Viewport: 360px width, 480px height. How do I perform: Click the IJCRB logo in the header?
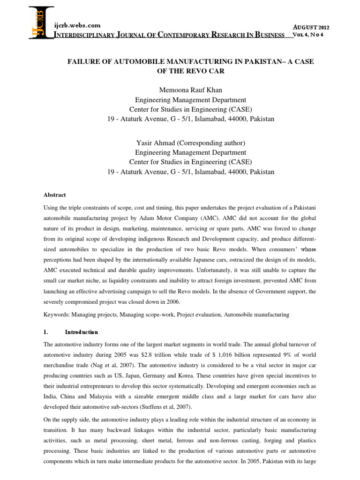pyautogui.click(x=41, y=22)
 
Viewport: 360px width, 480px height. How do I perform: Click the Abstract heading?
pyautogui.click(x=56, y=195)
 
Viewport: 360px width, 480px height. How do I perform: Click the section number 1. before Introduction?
pyautogui.click(x=59, y=332)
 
